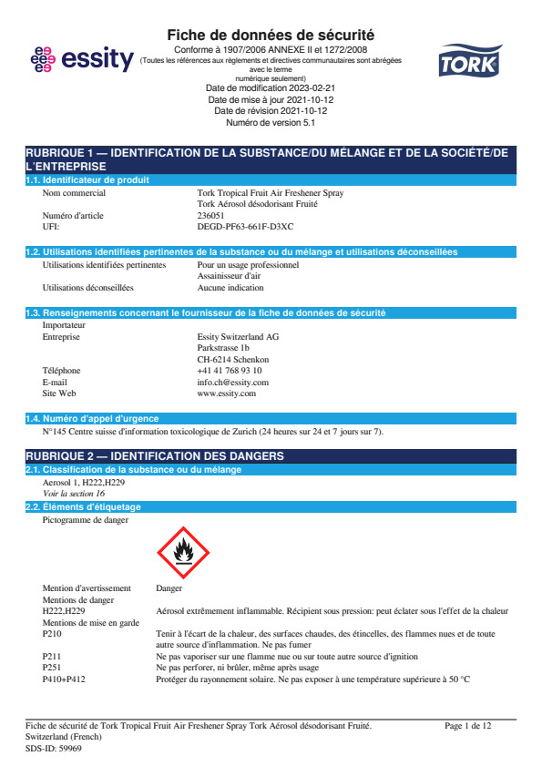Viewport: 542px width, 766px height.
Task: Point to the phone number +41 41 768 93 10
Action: point(230,371)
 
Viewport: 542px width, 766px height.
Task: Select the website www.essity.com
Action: point(227,393)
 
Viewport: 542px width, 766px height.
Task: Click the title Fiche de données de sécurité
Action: point(271,35)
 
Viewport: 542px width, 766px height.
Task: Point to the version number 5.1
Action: point(305,122)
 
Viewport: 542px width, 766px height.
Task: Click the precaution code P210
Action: point(53,633)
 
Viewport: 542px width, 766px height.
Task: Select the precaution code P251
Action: point(53,668)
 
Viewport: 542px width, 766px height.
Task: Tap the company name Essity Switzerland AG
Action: point(238,337)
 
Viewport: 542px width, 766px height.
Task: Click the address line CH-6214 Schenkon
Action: point(232,360)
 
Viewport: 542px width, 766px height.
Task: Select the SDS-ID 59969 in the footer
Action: point(54,747)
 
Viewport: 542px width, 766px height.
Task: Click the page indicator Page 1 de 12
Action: point(468,726)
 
